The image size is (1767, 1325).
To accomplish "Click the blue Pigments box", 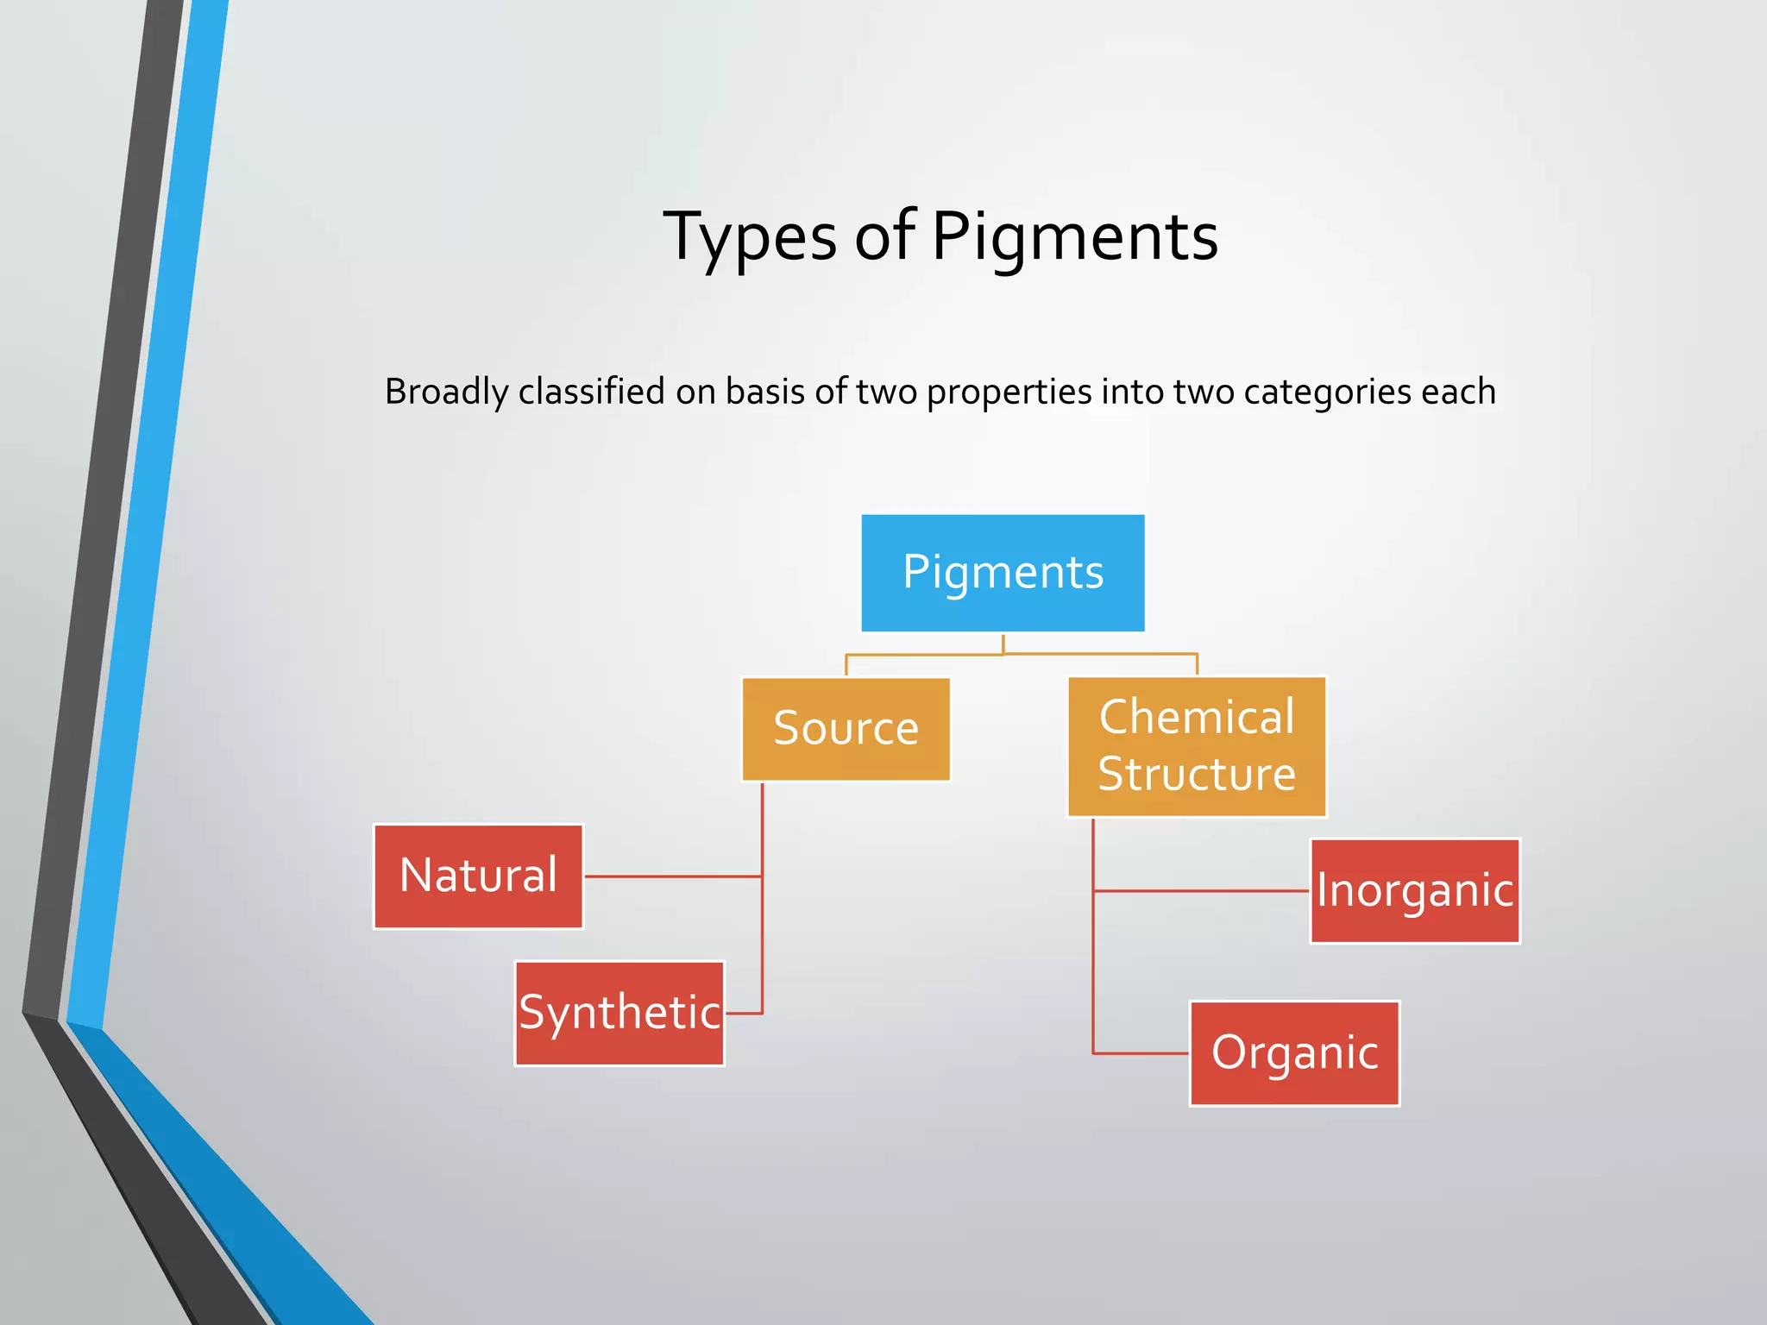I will coord(1003,573).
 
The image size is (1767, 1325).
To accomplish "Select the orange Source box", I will coord(846,729).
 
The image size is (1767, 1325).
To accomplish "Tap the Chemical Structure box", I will coord(1197,746).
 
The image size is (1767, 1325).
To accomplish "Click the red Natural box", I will coord(478,876).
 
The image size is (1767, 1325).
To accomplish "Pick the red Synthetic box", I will coord(619,1013).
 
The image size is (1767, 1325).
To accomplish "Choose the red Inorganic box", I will coord(1415,891).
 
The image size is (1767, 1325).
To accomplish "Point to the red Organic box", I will coord(1294,1053).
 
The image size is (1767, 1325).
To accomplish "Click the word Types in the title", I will coord(749,236).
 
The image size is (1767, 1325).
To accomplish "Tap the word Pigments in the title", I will coord(1074,236).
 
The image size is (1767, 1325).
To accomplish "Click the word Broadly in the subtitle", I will coord(446,392).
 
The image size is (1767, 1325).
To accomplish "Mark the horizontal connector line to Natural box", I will coord(673,876).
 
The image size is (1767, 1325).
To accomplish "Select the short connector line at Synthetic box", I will coord(744,1013).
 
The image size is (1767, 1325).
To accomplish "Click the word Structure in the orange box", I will coord(1197,774).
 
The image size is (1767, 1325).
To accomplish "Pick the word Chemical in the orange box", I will coord(1197,717).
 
